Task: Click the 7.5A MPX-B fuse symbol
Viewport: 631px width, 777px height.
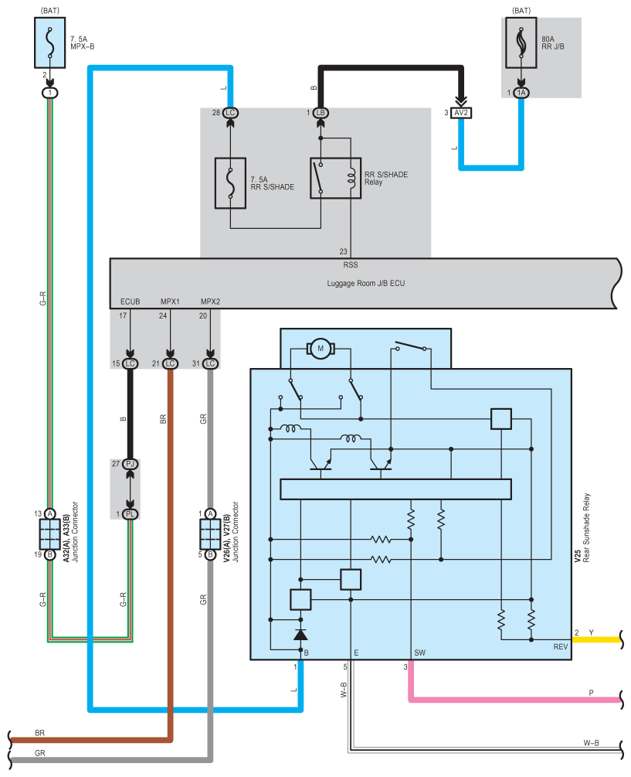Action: click(x=49, y=43)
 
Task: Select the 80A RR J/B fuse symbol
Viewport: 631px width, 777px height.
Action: click(x=521, y=43)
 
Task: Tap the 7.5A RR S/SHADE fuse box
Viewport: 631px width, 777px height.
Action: click(x=230, y=183)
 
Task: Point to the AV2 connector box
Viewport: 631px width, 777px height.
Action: click(x=461, y=113)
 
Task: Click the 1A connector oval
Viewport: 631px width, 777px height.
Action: click(x=521, y=93)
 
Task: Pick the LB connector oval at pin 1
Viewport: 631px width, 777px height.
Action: click(x=321, y=113)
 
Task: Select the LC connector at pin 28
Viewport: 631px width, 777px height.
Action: click(x=230, y=113)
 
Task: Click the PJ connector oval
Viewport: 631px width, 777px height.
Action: click(x=131, y=465)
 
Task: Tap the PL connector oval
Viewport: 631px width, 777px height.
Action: click(x=131, y=514)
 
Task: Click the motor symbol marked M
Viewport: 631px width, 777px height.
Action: click(x=321, y=349)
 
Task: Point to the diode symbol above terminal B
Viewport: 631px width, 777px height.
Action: click(x=300, y=635)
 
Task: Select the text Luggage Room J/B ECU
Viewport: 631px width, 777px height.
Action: click(x=366, y=284)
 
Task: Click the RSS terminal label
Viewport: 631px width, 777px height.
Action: click(x=351, y=265)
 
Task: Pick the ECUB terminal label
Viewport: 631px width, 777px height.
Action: click(x=131, y=302)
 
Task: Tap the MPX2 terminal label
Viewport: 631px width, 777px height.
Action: click(x=210, y=302)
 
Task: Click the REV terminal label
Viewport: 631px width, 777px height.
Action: click(x=561, y=647)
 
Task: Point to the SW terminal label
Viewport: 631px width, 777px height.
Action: click(x=419, y=653)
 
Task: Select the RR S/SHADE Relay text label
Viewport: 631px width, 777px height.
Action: click(x=386, y=179)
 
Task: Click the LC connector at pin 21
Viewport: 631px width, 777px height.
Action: click(x=170, y=363)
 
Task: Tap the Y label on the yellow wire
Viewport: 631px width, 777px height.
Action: click(x=591, y=632)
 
